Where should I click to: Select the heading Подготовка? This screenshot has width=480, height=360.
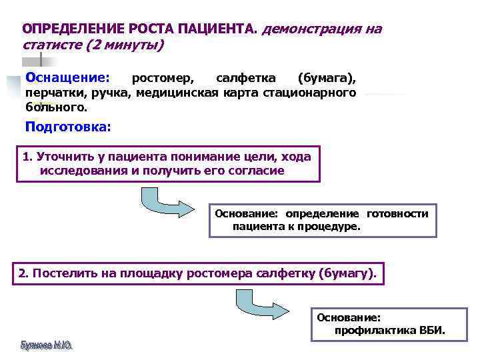(67, 126)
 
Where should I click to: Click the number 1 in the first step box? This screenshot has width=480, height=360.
(25, 157)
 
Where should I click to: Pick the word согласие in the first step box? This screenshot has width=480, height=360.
(257, 171)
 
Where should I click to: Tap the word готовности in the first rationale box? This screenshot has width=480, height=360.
(397, 213)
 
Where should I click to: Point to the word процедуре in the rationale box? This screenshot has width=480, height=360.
(331, 227)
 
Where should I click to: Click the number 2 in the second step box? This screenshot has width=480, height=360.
(22, 273)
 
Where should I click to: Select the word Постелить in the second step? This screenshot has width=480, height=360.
(61, 273)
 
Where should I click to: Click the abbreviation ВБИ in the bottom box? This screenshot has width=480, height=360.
(432, 331)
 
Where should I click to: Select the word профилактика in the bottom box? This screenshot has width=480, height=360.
(375, 331)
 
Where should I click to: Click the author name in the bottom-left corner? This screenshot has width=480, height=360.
(46, 345)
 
